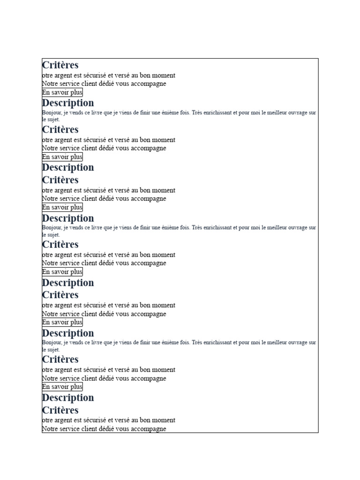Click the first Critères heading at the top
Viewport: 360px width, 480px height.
click(60, 65)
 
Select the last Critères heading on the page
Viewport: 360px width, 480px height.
click(60, 410)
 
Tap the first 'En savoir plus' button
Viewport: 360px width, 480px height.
click(62, 92)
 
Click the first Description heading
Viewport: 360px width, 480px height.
click(68, 103)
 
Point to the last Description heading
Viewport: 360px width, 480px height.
click(68, 398)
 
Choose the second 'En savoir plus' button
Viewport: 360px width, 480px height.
click(62, 157)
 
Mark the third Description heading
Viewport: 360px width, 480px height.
click(68, 218)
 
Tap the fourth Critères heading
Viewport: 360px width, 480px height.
click(60, 244)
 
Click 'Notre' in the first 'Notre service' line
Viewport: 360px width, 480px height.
click(50, 84)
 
